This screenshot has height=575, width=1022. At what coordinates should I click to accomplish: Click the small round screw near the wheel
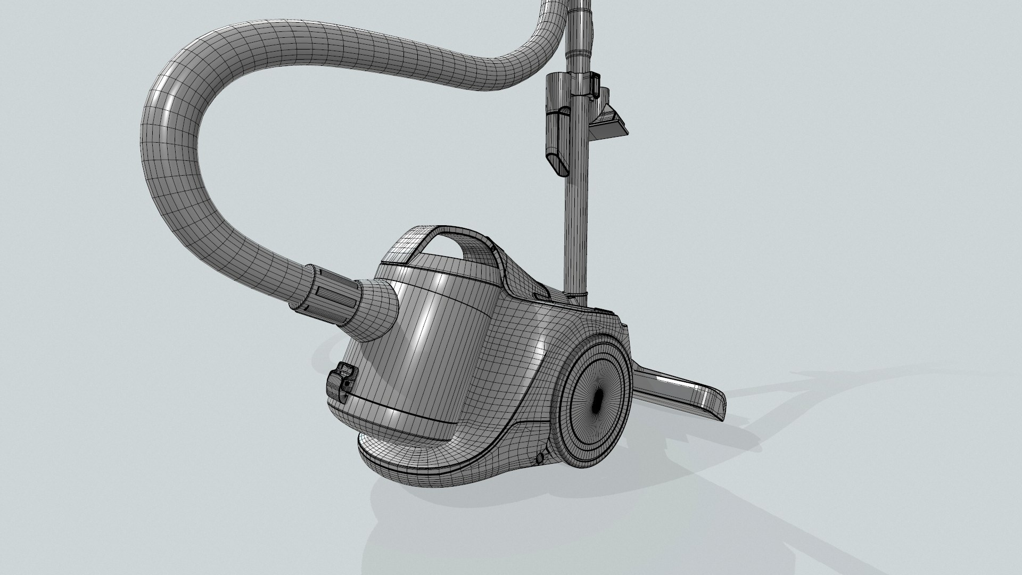(x=540, y=458)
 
